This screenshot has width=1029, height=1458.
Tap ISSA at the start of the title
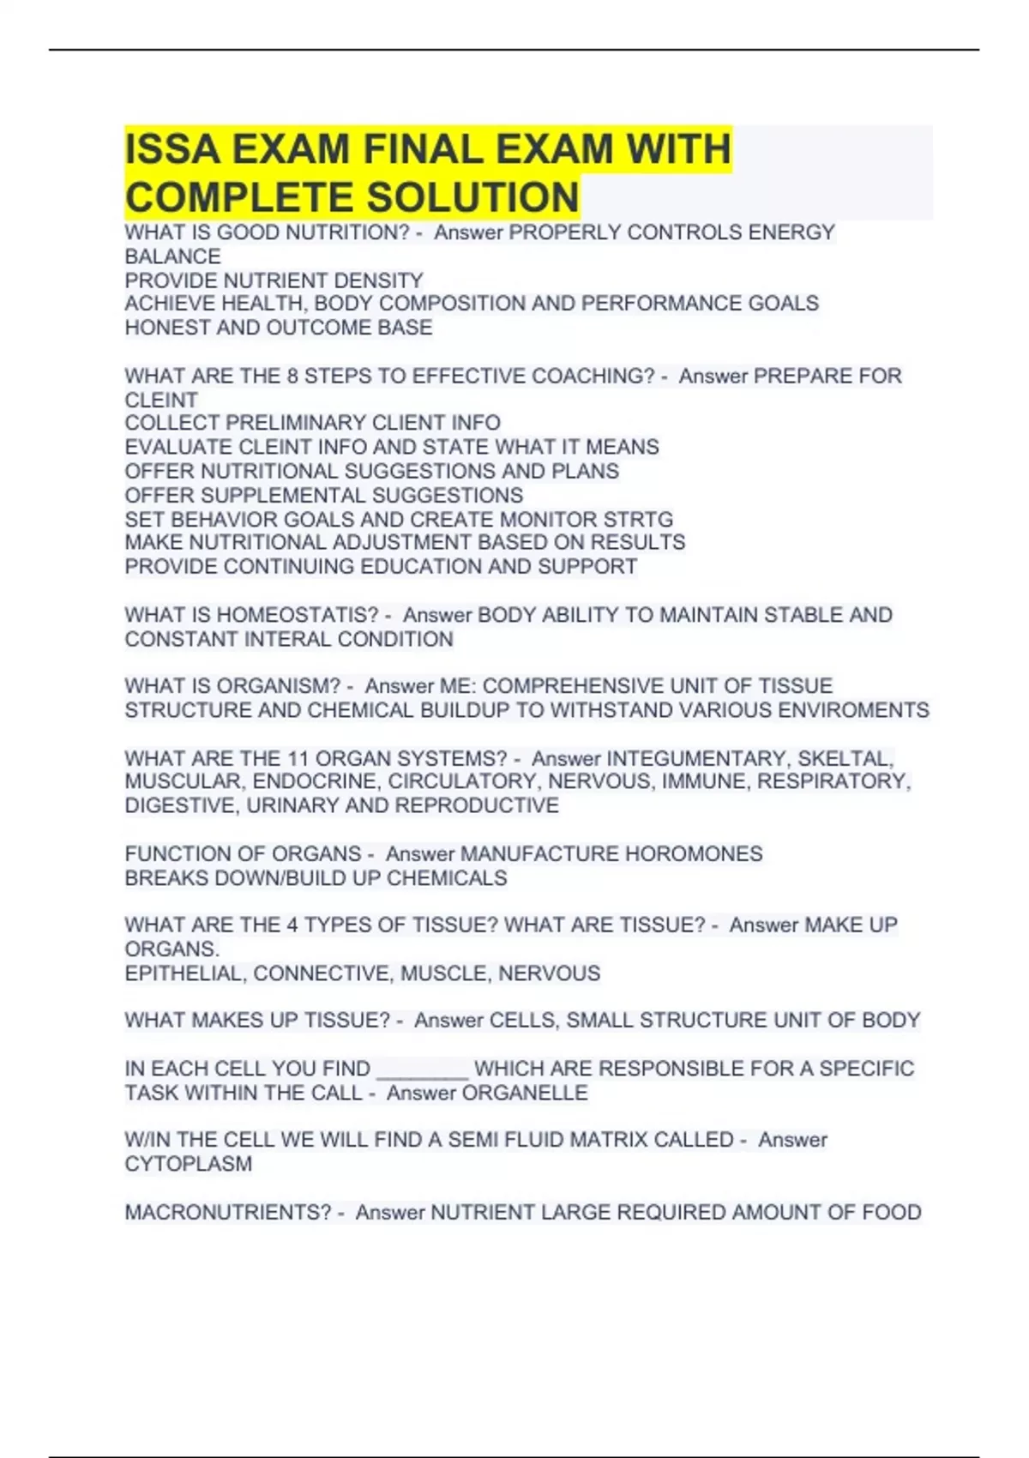(x=171, y=149)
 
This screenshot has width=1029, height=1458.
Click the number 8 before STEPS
(x=292, y=376)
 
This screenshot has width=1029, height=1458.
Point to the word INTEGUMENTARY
(x=696, y=758)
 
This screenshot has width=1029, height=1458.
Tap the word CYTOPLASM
(x=189, y=1164)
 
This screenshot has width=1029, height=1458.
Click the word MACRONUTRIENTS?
(x=227, y=1212)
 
